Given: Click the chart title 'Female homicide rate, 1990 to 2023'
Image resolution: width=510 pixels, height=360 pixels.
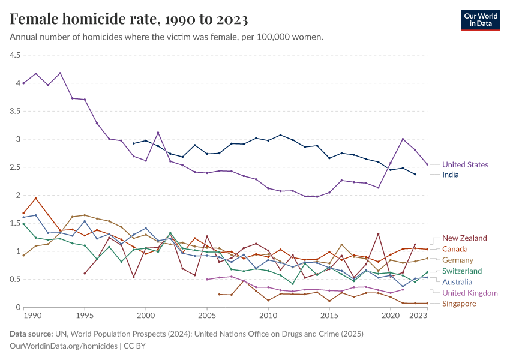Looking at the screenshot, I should point(129,19).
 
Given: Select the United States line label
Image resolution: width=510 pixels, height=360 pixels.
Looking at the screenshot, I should point(465,164).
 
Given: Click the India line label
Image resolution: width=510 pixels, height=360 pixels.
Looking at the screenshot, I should point(451,175).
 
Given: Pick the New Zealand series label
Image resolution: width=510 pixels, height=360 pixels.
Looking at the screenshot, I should point(464,238).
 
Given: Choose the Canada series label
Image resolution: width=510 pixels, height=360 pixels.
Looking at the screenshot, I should point(455,249).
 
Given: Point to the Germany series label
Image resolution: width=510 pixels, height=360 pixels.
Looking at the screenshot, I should point(458,260).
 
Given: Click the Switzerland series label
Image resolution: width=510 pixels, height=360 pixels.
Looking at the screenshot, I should point(462,271).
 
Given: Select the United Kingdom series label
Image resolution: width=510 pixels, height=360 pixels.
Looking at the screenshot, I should point(470,293).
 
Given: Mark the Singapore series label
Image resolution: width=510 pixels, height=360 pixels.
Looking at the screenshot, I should point(459,304).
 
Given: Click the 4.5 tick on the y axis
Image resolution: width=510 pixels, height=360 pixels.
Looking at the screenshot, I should point(14,55).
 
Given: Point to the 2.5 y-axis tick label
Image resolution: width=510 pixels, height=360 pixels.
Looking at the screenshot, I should point(14,167).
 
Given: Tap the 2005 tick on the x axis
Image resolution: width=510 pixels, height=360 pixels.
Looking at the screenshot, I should point(207,316).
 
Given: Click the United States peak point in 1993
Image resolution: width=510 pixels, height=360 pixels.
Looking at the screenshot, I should point(60,73).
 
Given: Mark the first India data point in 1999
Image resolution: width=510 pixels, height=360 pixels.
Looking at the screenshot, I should point(133,143).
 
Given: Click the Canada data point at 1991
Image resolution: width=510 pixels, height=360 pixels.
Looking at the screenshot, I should point(35,198).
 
